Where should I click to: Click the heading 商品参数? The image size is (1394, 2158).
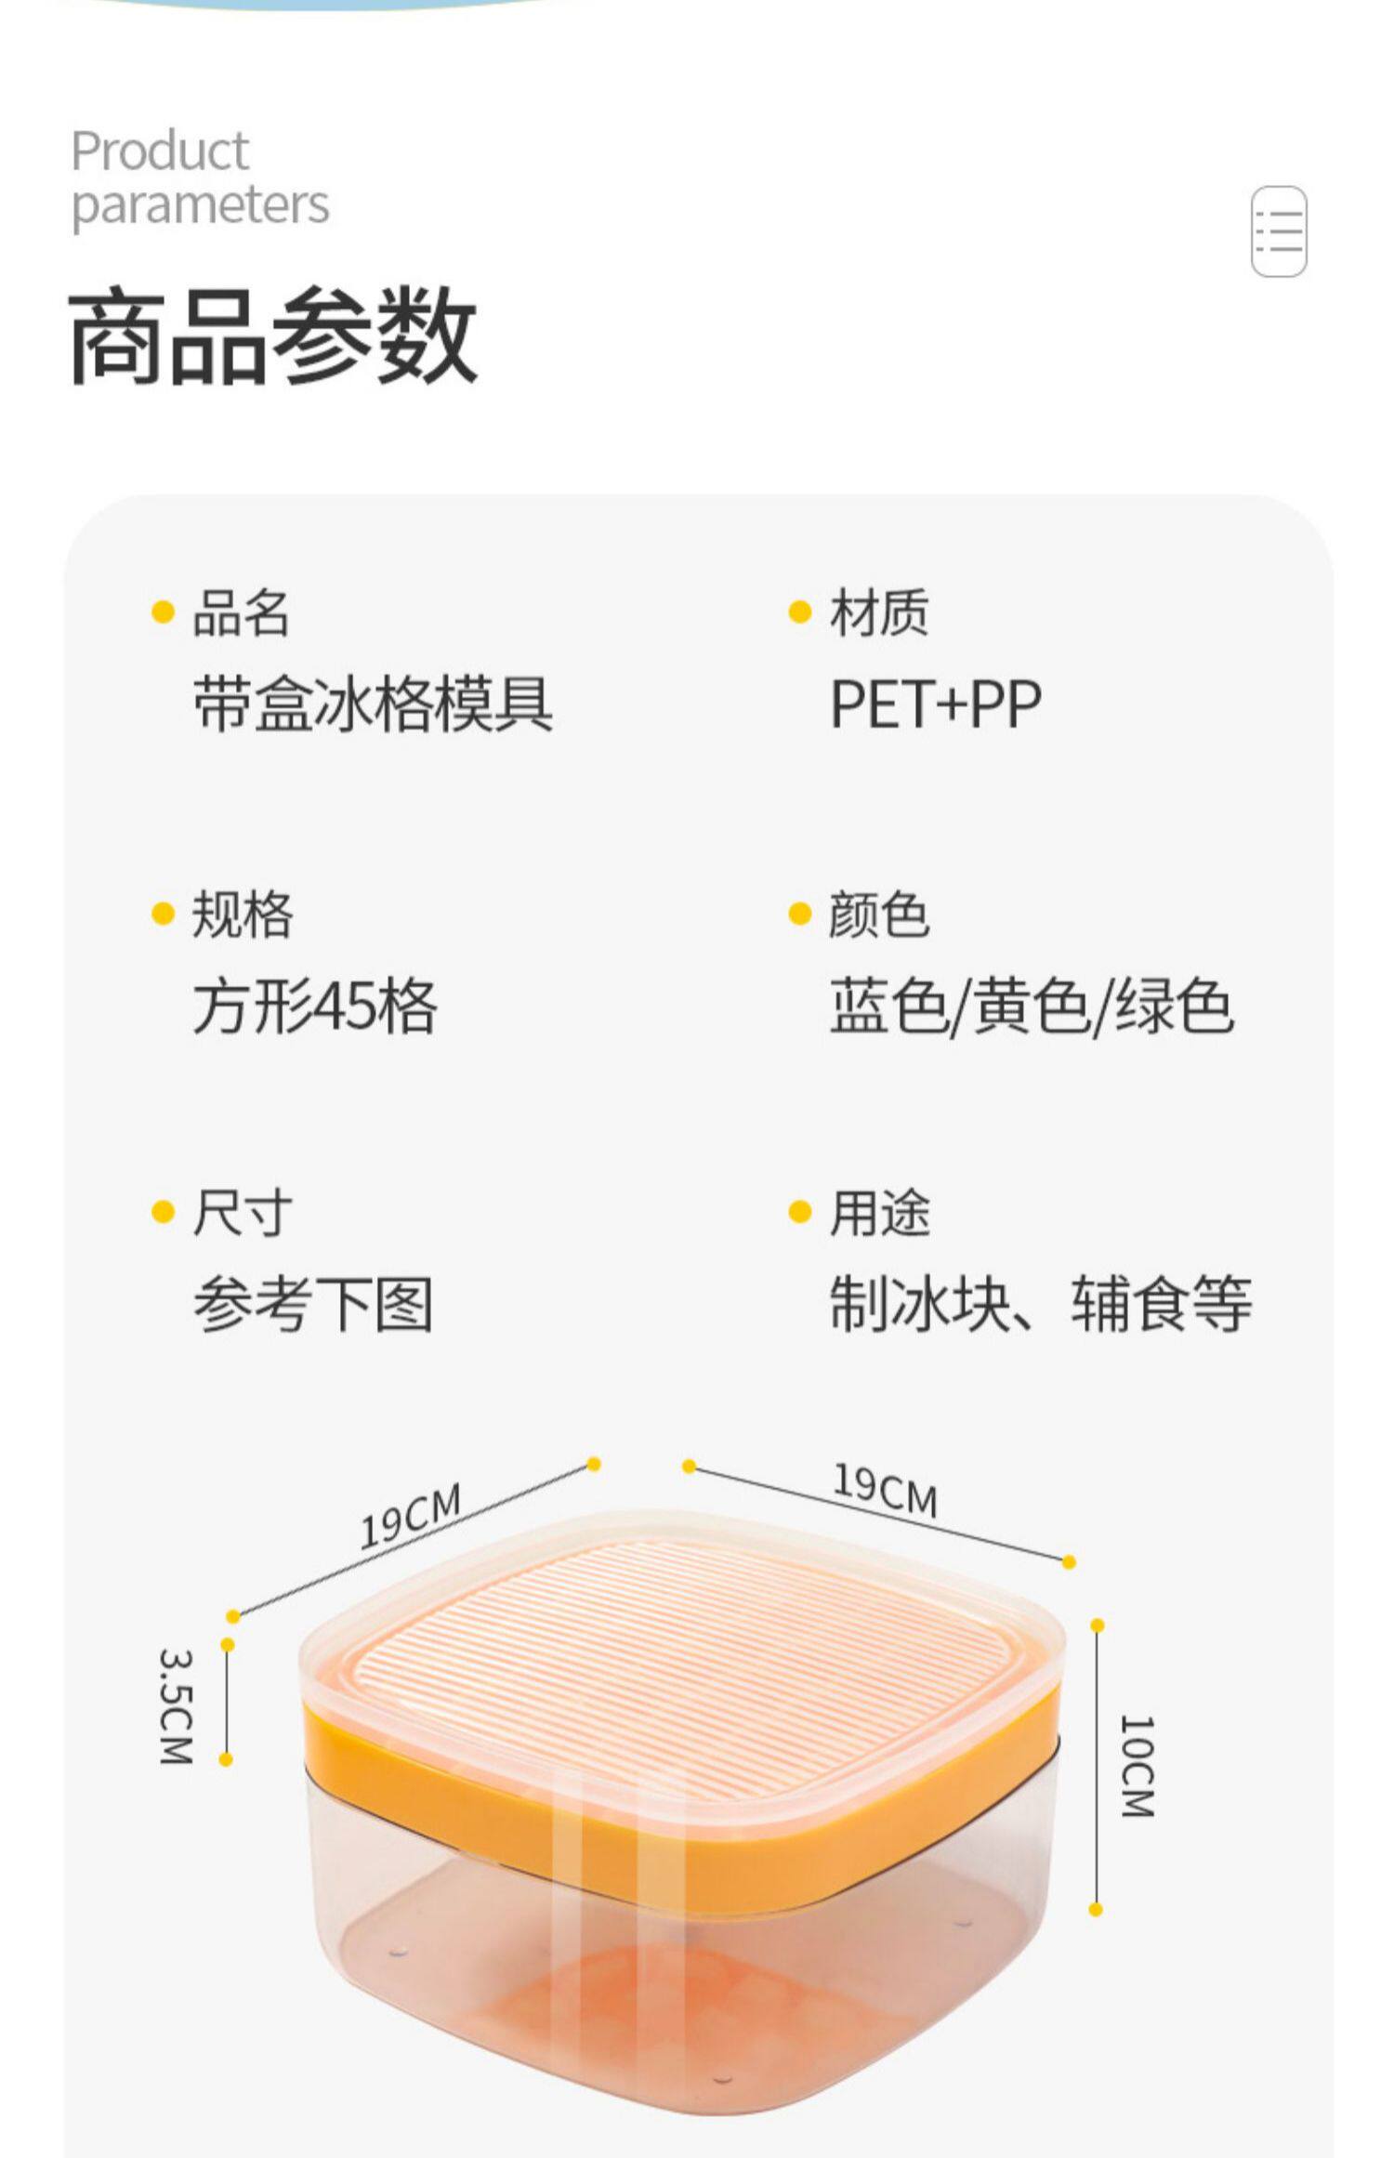point(272,336)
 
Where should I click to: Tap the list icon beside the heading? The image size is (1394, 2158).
point(1279,231)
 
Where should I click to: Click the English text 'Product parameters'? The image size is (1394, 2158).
point(200,178)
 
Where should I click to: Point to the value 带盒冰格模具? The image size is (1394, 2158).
point(373,704)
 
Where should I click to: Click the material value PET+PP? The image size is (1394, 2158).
point(935,704)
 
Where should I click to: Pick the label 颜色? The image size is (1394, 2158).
point(878,915)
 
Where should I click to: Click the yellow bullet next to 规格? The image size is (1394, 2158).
point(163,915)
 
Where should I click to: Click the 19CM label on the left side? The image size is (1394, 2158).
point(410,1517)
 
